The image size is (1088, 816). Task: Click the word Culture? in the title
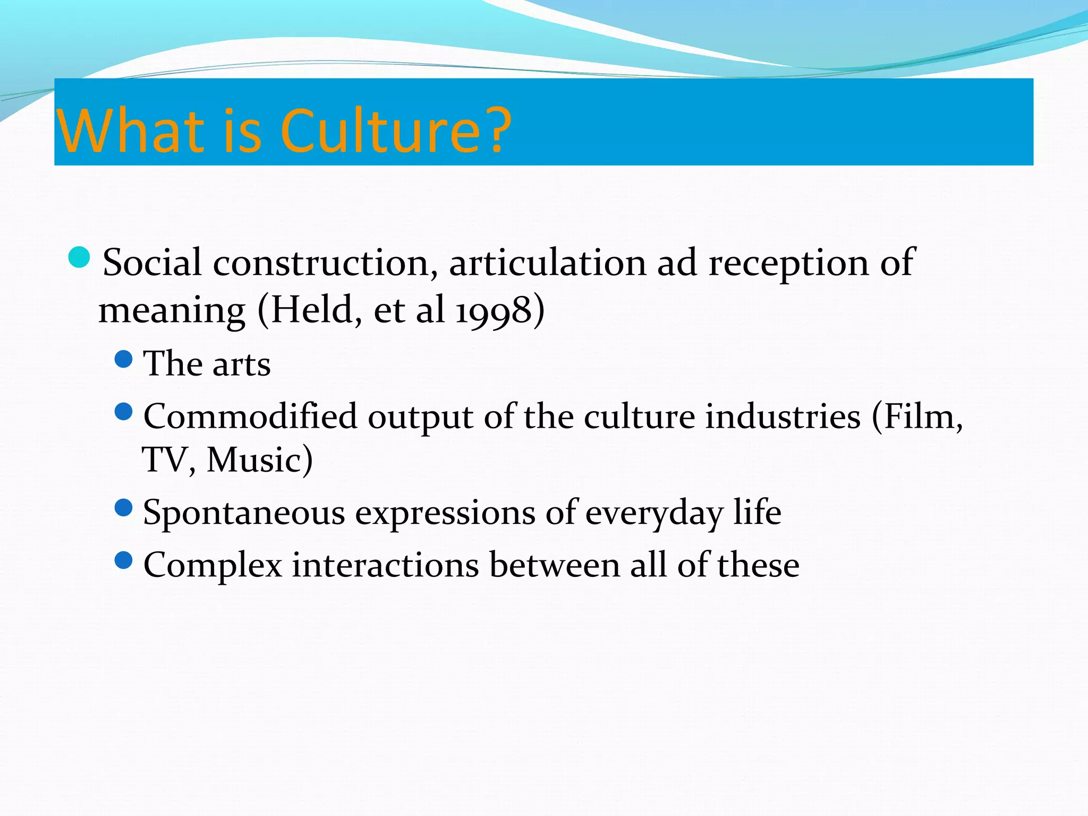pyautogui.click(x=395, y=131)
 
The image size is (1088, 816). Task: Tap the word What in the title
pyautogui.click(x=131, y=131)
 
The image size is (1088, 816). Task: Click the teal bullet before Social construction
pyautogui.click(x=80, y=258)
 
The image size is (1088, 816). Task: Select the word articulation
pyautogui.click(x=548, y=262)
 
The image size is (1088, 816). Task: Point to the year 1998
pyautogui.click(x=494, y=310)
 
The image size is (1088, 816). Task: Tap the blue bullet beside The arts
pyautogui.click(x=123, y=360)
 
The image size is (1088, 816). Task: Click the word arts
pyautogui.click(x=242, y=365)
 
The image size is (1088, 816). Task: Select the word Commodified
pyautogui.click(x=250, y=416)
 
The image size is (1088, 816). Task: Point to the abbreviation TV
pyautogui.click(x=165, y=460)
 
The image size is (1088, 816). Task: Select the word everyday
pyautogui.click(x=654, y=513)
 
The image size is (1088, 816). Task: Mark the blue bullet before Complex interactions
pyautogui.click(x=123, y=560)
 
